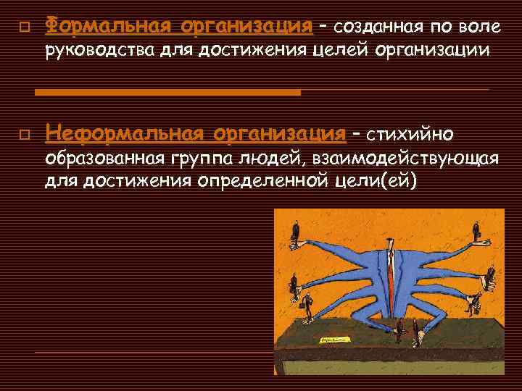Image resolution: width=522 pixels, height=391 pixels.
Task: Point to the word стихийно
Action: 410,134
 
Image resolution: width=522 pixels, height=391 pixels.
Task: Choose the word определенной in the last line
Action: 262,180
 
